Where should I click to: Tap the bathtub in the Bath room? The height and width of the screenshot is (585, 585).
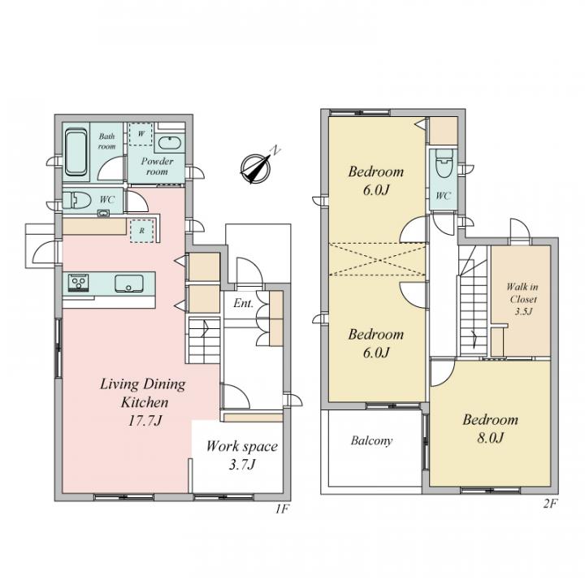click(76, 154)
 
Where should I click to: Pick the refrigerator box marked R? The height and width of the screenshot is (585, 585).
click(142, 230)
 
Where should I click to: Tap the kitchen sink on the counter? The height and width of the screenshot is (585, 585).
click(128, 284)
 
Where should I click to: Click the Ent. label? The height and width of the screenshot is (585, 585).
click(243, 304)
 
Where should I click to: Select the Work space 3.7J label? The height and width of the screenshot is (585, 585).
click(241, 455)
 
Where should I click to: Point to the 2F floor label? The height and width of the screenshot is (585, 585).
click(549, 504)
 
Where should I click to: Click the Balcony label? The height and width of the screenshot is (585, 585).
click(371, 441)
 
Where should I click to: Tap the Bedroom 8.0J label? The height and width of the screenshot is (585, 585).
click(490, 429)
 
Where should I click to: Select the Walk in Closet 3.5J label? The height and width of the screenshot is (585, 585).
click(522, 298)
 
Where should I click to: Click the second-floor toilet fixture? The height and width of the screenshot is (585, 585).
click(444, 167)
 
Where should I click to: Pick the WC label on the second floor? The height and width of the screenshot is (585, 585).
click(443, 196)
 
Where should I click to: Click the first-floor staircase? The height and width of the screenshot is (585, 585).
click(203, 340)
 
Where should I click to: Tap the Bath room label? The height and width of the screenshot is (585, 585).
click(107, 141)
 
